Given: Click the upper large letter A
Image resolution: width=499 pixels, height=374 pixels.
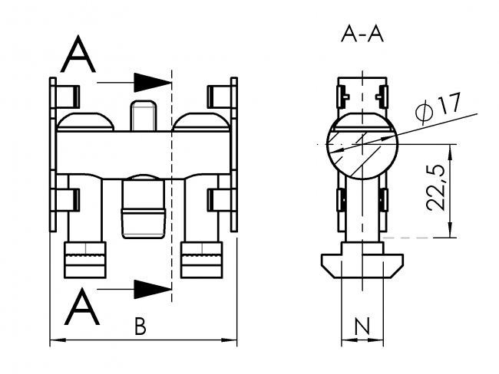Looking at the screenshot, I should click(78, 55).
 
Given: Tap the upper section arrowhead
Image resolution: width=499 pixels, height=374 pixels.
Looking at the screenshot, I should click(151, 80).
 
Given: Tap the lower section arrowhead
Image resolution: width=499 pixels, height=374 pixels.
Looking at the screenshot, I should click(151, 288).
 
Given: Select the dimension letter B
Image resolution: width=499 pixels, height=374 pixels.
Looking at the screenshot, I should click(140, 327).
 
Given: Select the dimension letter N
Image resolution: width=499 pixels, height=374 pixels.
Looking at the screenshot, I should click(360, 327).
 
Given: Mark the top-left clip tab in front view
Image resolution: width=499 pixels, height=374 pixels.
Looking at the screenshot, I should click(66, 95).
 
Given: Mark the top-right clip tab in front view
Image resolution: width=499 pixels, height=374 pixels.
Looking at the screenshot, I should click(220, 95).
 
